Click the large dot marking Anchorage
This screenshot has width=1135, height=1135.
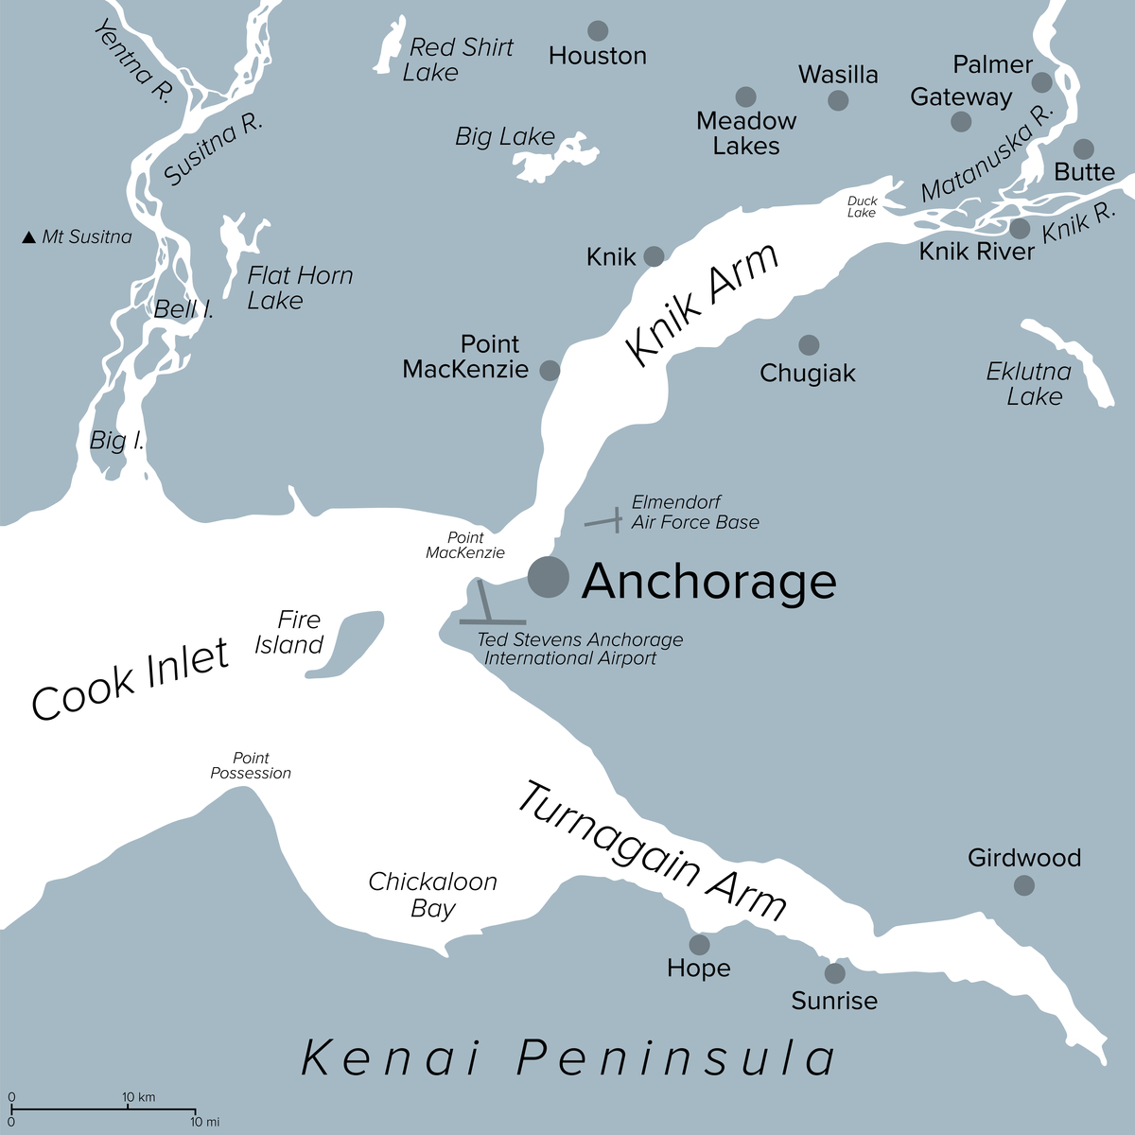[x=549, y=577]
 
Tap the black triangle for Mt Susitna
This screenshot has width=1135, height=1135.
[x=28, y=237]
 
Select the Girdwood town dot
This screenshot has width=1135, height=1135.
[x=1023, y=885]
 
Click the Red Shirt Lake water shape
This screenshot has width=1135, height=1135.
[x=388, y=47]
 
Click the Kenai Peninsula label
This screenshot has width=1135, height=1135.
[x=568, y=1057]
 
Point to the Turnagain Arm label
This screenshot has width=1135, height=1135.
[x=653, y=851]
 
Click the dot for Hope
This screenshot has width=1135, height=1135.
[x=699, y=944]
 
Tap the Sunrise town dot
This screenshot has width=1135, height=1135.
[x=834, y=972]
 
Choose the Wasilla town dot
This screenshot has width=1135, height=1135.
[x=838, y=100]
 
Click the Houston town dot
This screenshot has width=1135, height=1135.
[x=598, y=30]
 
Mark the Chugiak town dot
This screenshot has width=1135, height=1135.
[x=809, y=344]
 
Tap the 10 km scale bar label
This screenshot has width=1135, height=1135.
[x=139, y=1097]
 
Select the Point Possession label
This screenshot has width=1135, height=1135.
[x=251, y=765]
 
